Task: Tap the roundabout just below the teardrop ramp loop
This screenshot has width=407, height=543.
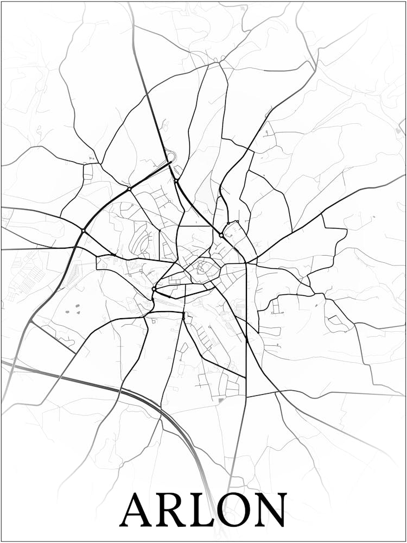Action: [x=176, y=181]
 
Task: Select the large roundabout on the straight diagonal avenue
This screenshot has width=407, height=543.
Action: [x=221, y=235]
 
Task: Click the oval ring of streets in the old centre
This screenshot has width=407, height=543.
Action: [x=205, y=267]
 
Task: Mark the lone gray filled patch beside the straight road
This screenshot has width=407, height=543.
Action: [x=221, y=401]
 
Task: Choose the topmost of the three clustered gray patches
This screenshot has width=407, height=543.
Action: [x=77, y=306]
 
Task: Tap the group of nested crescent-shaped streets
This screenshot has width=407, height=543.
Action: [x=139, y=242]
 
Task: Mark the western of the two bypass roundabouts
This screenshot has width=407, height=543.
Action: [x=82, y=231]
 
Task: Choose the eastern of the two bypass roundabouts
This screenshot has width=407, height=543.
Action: [x=129, y=188]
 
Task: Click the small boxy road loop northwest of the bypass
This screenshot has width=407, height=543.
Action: [x=88, y=171]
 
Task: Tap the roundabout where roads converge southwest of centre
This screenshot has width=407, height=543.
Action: [x=154, y=289]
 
